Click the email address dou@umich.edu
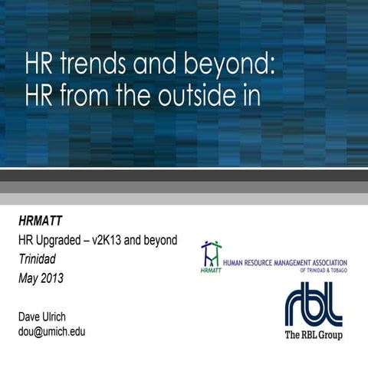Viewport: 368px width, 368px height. tap(51, 331)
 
